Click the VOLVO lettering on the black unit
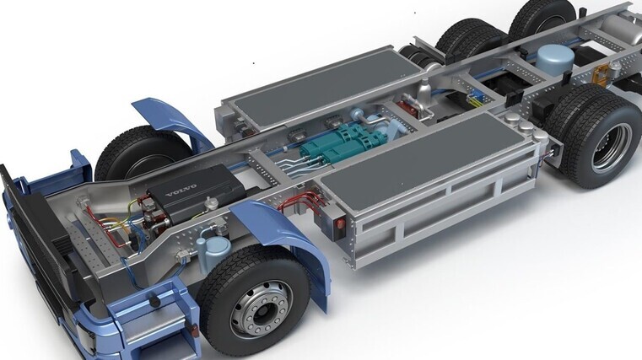click(x=181, y=191)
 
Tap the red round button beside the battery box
click(x=340, y=223)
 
